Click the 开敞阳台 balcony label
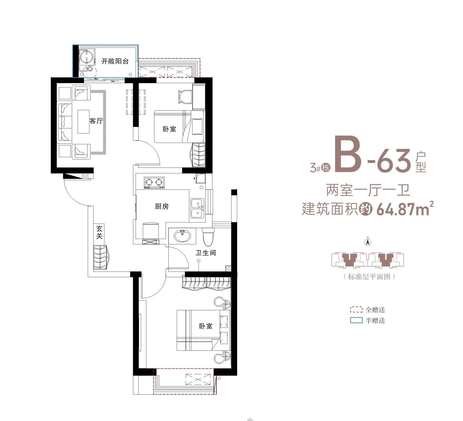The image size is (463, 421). pyautogui.click(x=115, y=61)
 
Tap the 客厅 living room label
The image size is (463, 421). pyautogui.click(x=96, y=121)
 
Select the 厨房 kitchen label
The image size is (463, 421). pyautogui.click(x=162, y=207)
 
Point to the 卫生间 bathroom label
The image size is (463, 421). pyautogui.click(x=206, y=253)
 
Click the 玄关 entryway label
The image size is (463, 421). pyautogui.click(x=99, y=232)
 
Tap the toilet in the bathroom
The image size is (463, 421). pyautogui.click(x=209, y=237)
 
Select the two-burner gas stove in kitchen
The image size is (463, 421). pyautogui.click(x=154, y=183)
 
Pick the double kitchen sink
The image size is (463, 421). pyautogui.click(x=197, y=208)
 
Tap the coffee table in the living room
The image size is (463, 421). pyautogui.click(x=84, y=122)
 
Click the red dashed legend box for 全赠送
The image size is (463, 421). pyautogui.click(x=356, y=309)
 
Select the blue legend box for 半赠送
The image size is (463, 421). pyautogui.click(x=356, y=320)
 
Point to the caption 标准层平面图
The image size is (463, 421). pyautogui.click(x=369, y=277)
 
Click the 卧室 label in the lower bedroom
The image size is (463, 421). pyautogui.click(x=206, y=326)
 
